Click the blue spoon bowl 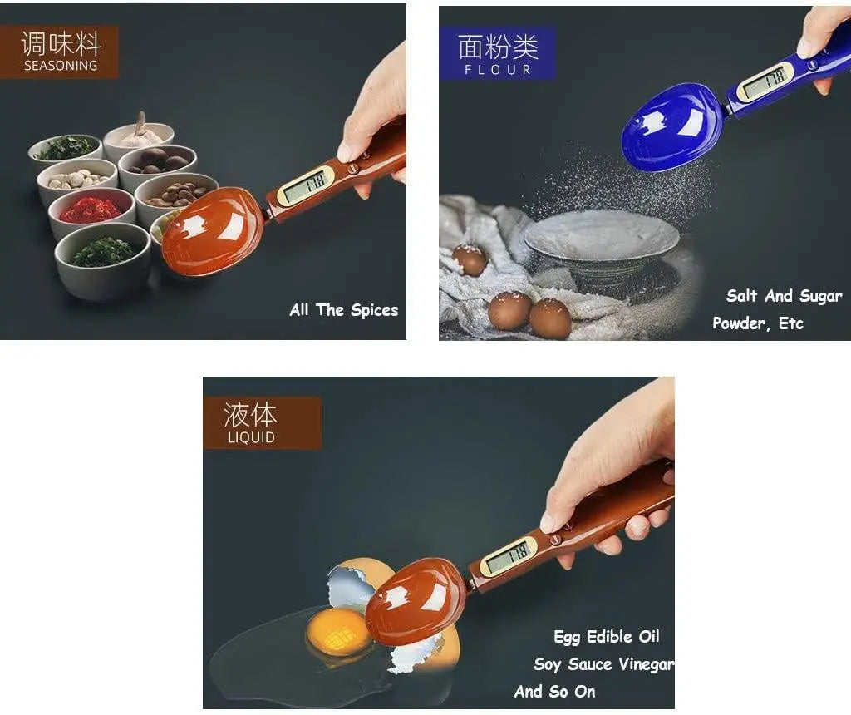(671, 128)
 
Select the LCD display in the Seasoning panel (304, 185)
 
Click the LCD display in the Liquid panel (508, 556)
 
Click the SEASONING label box (59, 52)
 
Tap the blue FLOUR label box (497, 53)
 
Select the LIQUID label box (250, 422)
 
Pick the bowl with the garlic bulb (139, 135)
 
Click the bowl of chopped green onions (103, 253)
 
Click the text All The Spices (343, 310)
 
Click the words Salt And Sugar (784, 296)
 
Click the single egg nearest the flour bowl (470, 259)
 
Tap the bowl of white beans (77, 179)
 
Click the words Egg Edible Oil (606, 637)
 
